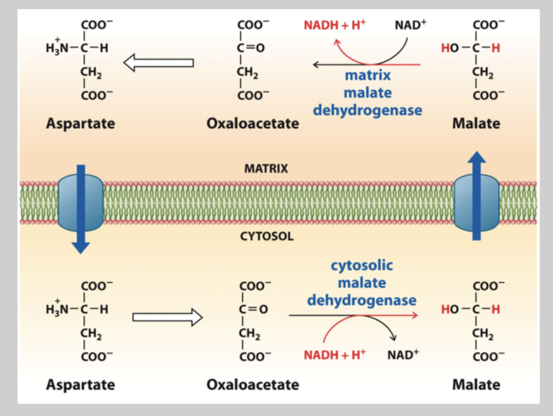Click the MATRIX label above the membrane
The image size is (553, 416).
[x=266, y=169]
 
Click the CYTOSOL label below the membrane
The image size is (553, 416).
[x=267, y=237]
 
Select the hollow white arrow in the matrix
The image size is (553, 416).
[x=158, y=63]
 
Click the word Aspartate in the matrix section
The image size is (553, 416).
[x=80, y=123]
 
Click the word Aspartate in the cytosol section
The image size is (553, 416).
[x=80, y=384]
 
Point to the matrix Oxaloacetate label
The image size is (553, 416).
[x=252, y=123]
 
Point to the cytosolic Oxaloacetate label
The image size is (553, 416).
[x=252, y=384]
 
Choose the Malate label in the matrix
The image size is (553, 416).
[x=476, y=123]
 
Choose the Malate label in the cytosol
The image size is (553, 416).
[x=476, y=384]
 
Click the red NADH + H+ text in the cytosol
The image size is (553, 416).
[x=335, y=355]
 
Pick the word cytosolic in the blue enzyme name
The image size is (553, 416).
[x=361, y=265]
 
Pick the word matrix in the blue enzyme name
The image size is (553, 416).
[x=367, y=75]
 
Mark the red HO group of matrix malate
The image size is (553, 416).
[x=450, y=49]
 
